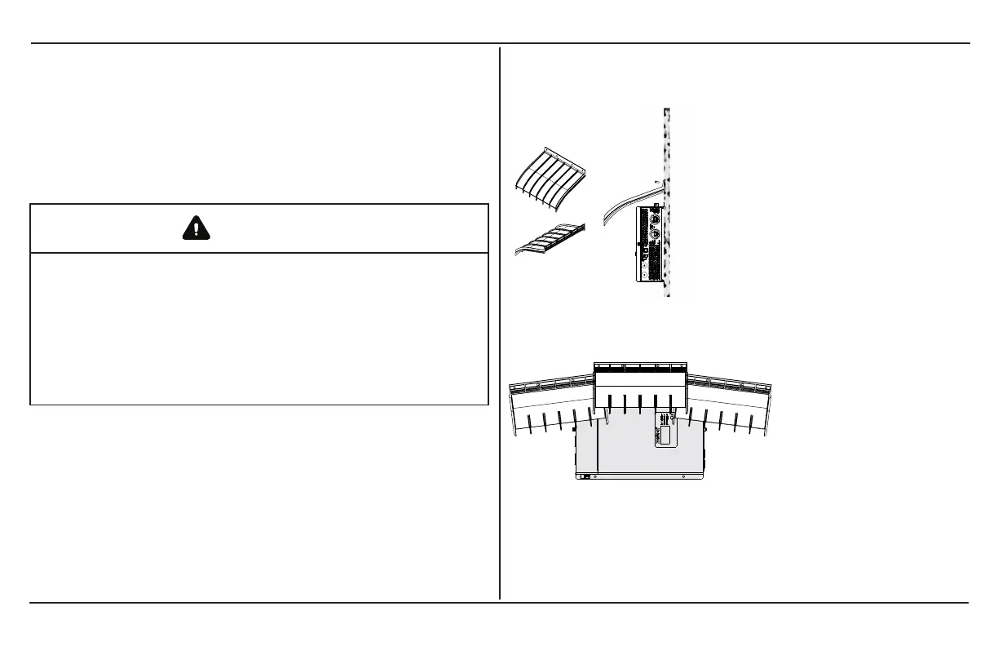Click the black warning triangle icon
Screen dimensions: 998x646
(x=197, y=228)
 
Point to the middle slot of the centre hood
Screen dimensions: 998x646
(x=640, y=401)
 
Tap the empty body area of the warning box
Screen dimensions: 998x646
(x=258, y=326)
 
